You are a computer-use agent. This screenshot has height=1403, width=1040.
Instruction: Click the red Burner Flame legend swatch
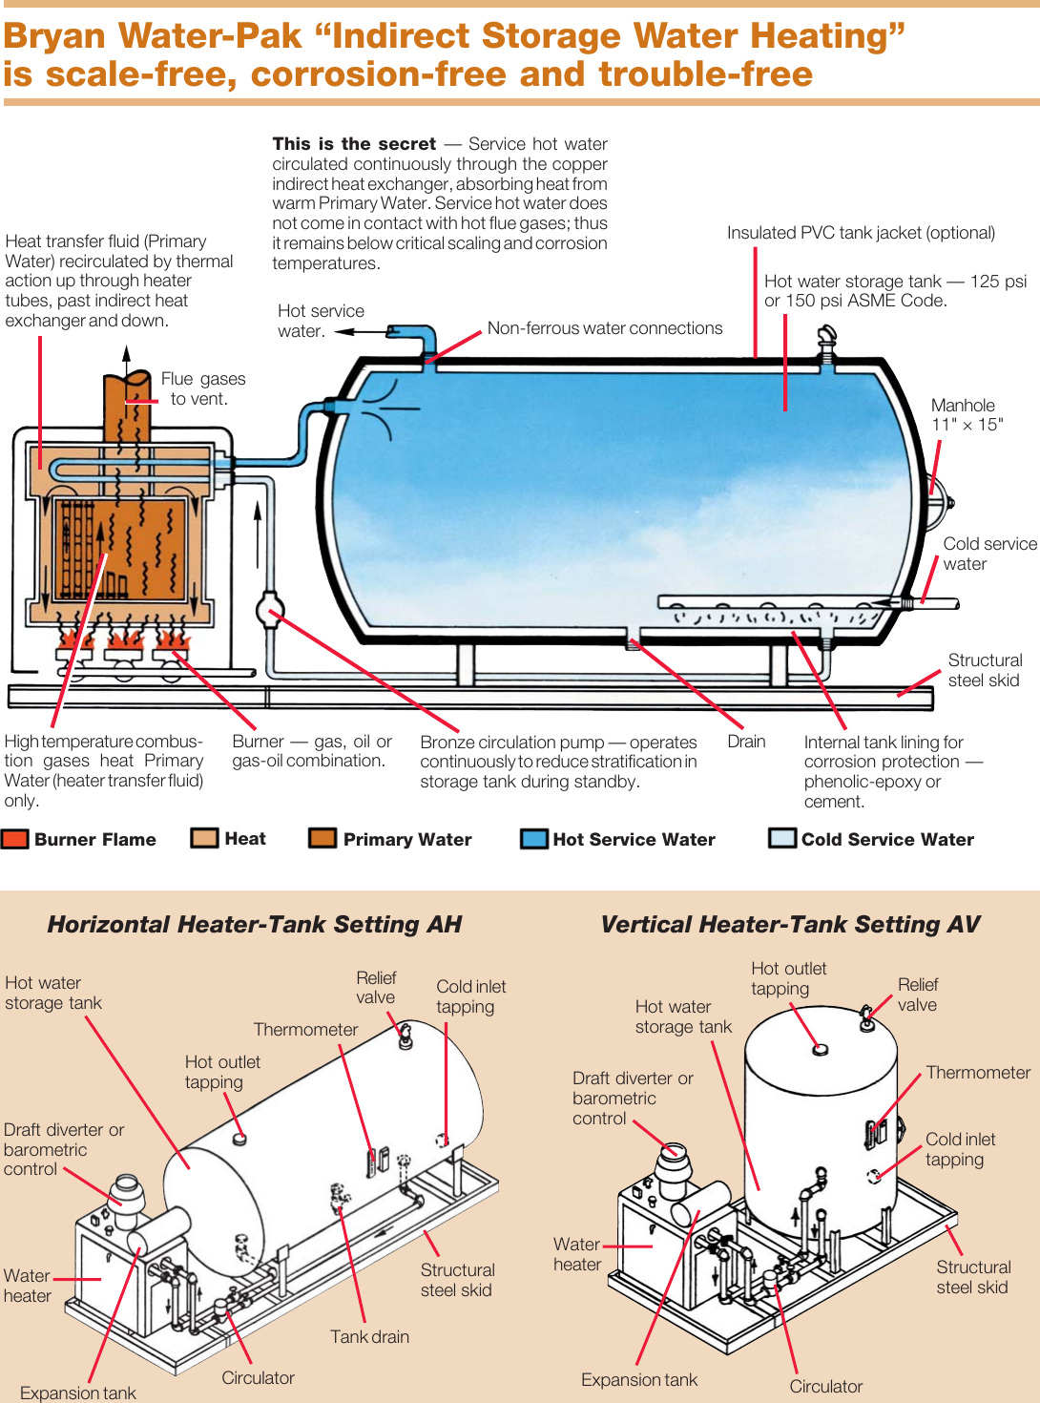[x=15, y=839]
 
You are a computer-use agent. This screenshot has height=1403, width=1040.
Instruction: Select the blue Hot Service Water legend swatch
[x=533, y=839]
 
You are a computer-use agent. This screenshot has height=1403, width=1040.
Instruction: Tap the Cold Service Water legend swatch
[x=782, y=839]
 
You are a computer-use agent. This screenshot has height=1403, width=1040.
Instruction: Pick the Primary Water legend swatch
[x=322, y=838]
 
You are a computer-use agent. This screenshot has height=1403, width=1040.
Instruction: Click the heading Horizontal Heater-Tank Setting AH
[x=255, y=924]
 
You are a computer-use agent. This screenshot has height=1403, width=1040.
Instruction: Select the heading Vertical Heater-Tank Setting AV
[x=790, y=924]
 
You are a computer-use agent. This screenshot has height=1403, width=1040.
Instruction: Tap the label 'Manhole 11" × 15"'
[x=966, y=415]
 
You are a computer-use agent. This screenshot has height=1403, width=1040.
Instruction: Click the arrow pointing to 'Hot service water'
[x=358, y=332]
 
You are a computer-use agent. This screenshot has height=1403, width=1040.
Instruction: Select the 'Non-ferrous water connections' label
[x=605, y=328]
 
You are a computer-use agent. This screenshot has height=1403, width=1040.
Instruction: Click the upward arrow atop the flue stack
[x=126, y=356]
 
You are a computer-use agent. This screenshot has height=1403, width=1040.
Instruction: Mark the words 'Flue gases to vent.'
[x=202, y=388]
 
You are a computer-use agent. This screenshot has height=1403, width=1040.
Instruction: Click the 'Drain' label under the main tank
[x=746, y=742]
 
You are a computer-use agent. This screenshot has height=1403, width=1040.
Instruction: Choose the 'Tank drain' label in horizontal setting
[x=369, y=1336]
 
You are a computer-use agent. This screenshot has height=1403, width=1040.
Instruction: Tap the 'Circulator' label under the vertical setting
[x=825, y=1386]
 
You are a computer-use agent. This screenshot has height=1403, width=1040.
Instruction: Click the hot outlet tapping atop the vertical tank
[x=820, y=1050]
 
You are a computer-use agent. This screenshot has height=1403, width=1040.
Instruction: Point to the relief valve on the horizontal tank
[x=406, y=1037]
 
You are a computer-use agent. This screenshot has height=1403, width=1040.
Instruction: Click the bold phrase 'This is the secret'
[x=354, y=144]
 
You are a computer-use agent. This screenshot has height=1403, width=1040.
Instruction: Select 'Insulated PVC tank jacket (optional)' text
[x=861, y=233]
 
